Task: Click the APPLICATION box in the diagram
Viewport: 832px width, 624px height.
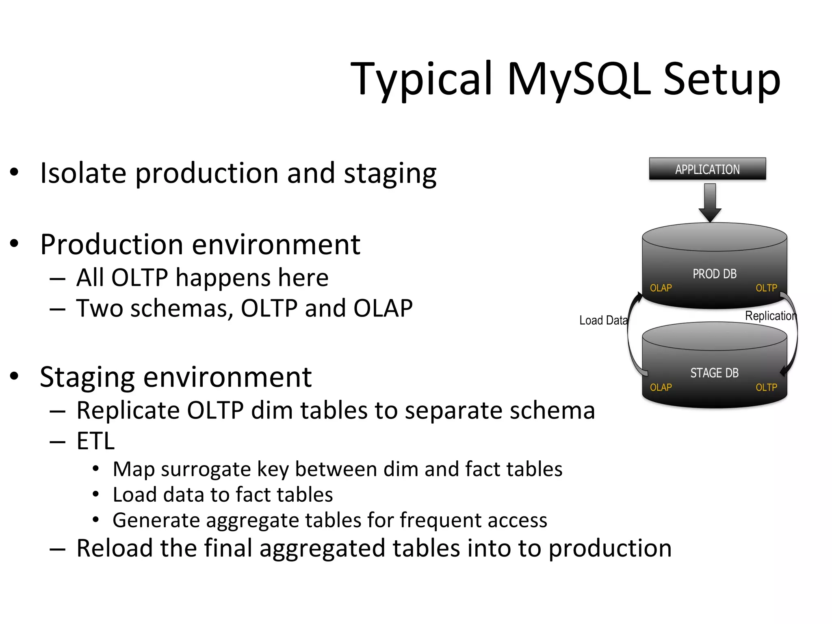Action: click(707, 169)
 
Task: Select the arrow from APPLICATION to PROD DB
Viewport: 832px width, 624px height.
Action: click(710, 202)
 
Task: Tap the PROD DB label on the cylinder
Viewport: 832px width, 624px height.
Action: click(714, 274)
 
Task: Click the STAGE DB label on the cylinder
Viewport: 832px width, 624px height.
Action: click(714, 373)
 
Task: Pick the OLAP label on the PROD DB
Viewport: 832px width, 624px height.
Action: click(661, 288)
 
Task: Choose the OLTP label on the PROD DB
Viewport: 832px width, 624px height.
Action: click(766, 288)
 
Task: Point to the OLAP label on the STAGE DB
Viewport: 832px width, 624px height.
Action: click(661, 388)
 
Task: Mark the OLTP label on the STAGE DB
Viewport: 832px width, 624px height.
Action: click(766, 388)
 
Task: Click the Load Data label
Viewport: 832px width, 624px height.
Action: click(603, 321)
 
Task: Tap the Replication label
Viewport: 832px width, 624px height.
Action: click(770, 316)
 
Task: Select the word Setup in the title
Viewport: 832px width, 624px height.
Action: click(721, 79)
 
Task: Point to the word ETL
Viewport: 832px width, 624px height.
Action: click(96, 441)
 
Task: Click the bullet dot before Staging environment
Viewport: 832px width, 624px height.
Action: click(14, 376)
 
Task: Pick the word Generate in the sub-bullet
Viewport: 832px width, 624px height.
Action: click(157, 520)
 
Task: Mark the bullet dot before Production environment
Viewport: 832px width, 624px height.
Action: click(14, 244)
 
